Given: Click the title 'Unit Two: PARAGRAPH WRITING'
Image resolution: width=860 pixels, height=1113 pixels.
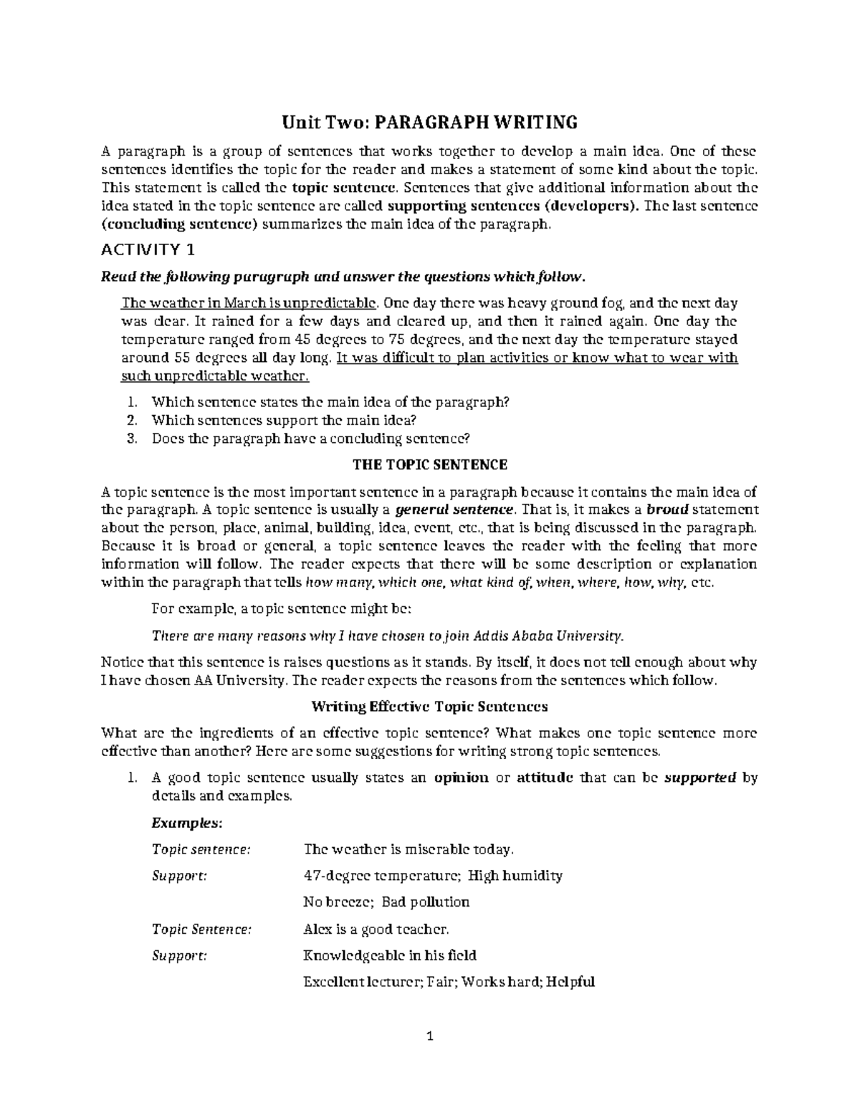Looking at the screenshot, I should (x=429, y=123).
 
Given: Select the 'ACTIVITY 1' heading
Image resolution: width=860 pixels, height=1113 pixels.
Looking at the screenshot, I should (x=148, y=249).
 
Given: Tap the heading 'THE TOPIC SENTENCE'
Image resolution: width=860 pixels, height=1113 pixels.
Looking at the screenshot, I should (x=430, y=464).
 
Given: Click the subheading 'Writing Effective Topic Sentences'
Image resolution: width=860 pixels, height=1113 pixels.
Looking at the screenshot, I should (x=429, y=706).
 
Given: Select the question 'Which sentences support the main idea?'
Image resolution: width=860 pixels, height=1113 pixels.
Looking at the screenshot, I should (x=284, y=420).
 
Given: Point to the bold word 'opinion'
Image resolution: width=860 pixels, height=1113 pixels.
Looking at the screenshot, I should (x=462, y=778).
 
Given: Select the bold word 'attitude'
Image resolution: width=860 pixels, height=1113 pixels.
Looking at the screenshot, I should (x=544, y=778).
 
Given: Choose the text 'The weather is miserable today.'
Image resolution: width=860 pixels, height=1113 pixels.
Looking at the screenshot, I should (x=409, y=849).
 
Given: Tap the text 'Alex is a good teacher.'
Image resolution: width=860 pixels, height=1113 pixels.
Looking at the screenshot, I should (x=377, y=930).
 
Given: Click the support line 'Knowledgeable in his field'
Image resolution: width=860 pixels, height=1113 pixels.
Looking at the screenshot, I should (x=391, y=955).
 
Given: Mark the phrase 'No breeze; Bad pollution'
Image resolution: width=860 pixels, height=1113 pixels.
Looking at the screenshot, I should (x=387, y=902).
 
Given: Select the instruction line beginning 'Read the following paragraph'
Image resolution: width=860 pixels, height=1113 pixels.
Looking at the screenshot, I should (x=344, y=277).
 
